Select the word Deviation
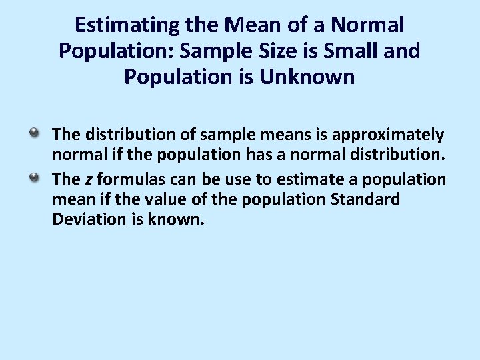[83, 218]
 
